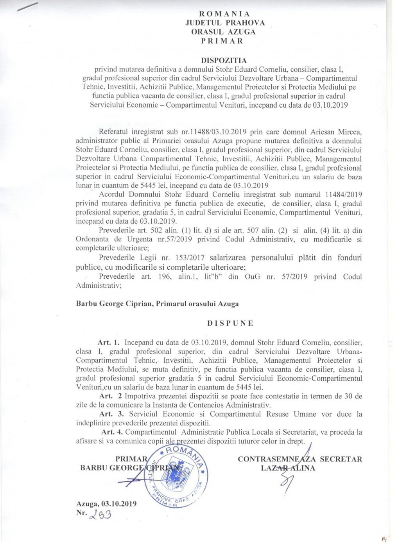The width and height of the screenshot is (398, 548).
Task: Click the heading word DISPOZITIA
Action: [224, 60]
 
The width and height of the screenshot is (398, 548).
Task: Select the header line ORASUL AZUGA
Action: [223, 32]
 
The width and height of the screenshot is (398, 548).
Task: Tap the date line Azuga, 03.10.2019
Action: [106, 504]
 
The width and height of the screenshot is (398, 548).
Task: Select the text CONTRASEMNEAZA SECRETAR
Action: [300, 459]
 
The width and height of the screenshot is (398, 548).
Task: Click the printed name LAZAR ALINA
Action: [288, 468]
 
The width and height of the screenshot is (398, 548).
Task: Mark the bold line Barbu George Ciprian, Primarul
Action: [157, 303]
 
